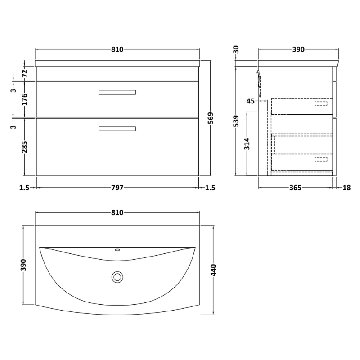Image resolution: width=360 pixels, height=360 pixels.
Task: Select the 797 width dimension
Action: coord(117,188)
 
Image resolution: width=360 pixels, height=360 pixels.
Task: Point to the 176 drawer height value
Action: coord(25,99)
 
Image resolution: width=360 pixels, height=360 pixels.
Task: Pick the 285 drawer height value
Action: coord(25,147)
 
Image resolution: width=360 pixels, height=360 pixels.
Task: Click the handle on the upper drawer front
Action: coord(117,92)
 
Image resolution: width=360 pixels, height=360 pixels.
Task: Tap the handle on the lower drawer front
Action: coord(117,129)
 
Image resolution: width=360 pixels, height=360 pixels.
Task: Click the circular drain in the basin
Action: coord(117,277)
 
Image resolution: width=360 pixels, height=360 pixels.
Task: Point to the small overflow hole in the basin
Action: coord(117,249)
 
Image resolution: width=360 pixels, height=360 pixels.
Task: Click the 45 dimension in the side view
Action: coord(251,101)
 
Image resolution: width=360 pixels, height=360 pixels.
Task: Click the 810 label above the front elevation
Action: coord(117,49)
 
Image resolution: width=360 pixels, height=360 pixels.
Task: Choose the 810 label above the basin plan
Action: coord(117,212)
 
